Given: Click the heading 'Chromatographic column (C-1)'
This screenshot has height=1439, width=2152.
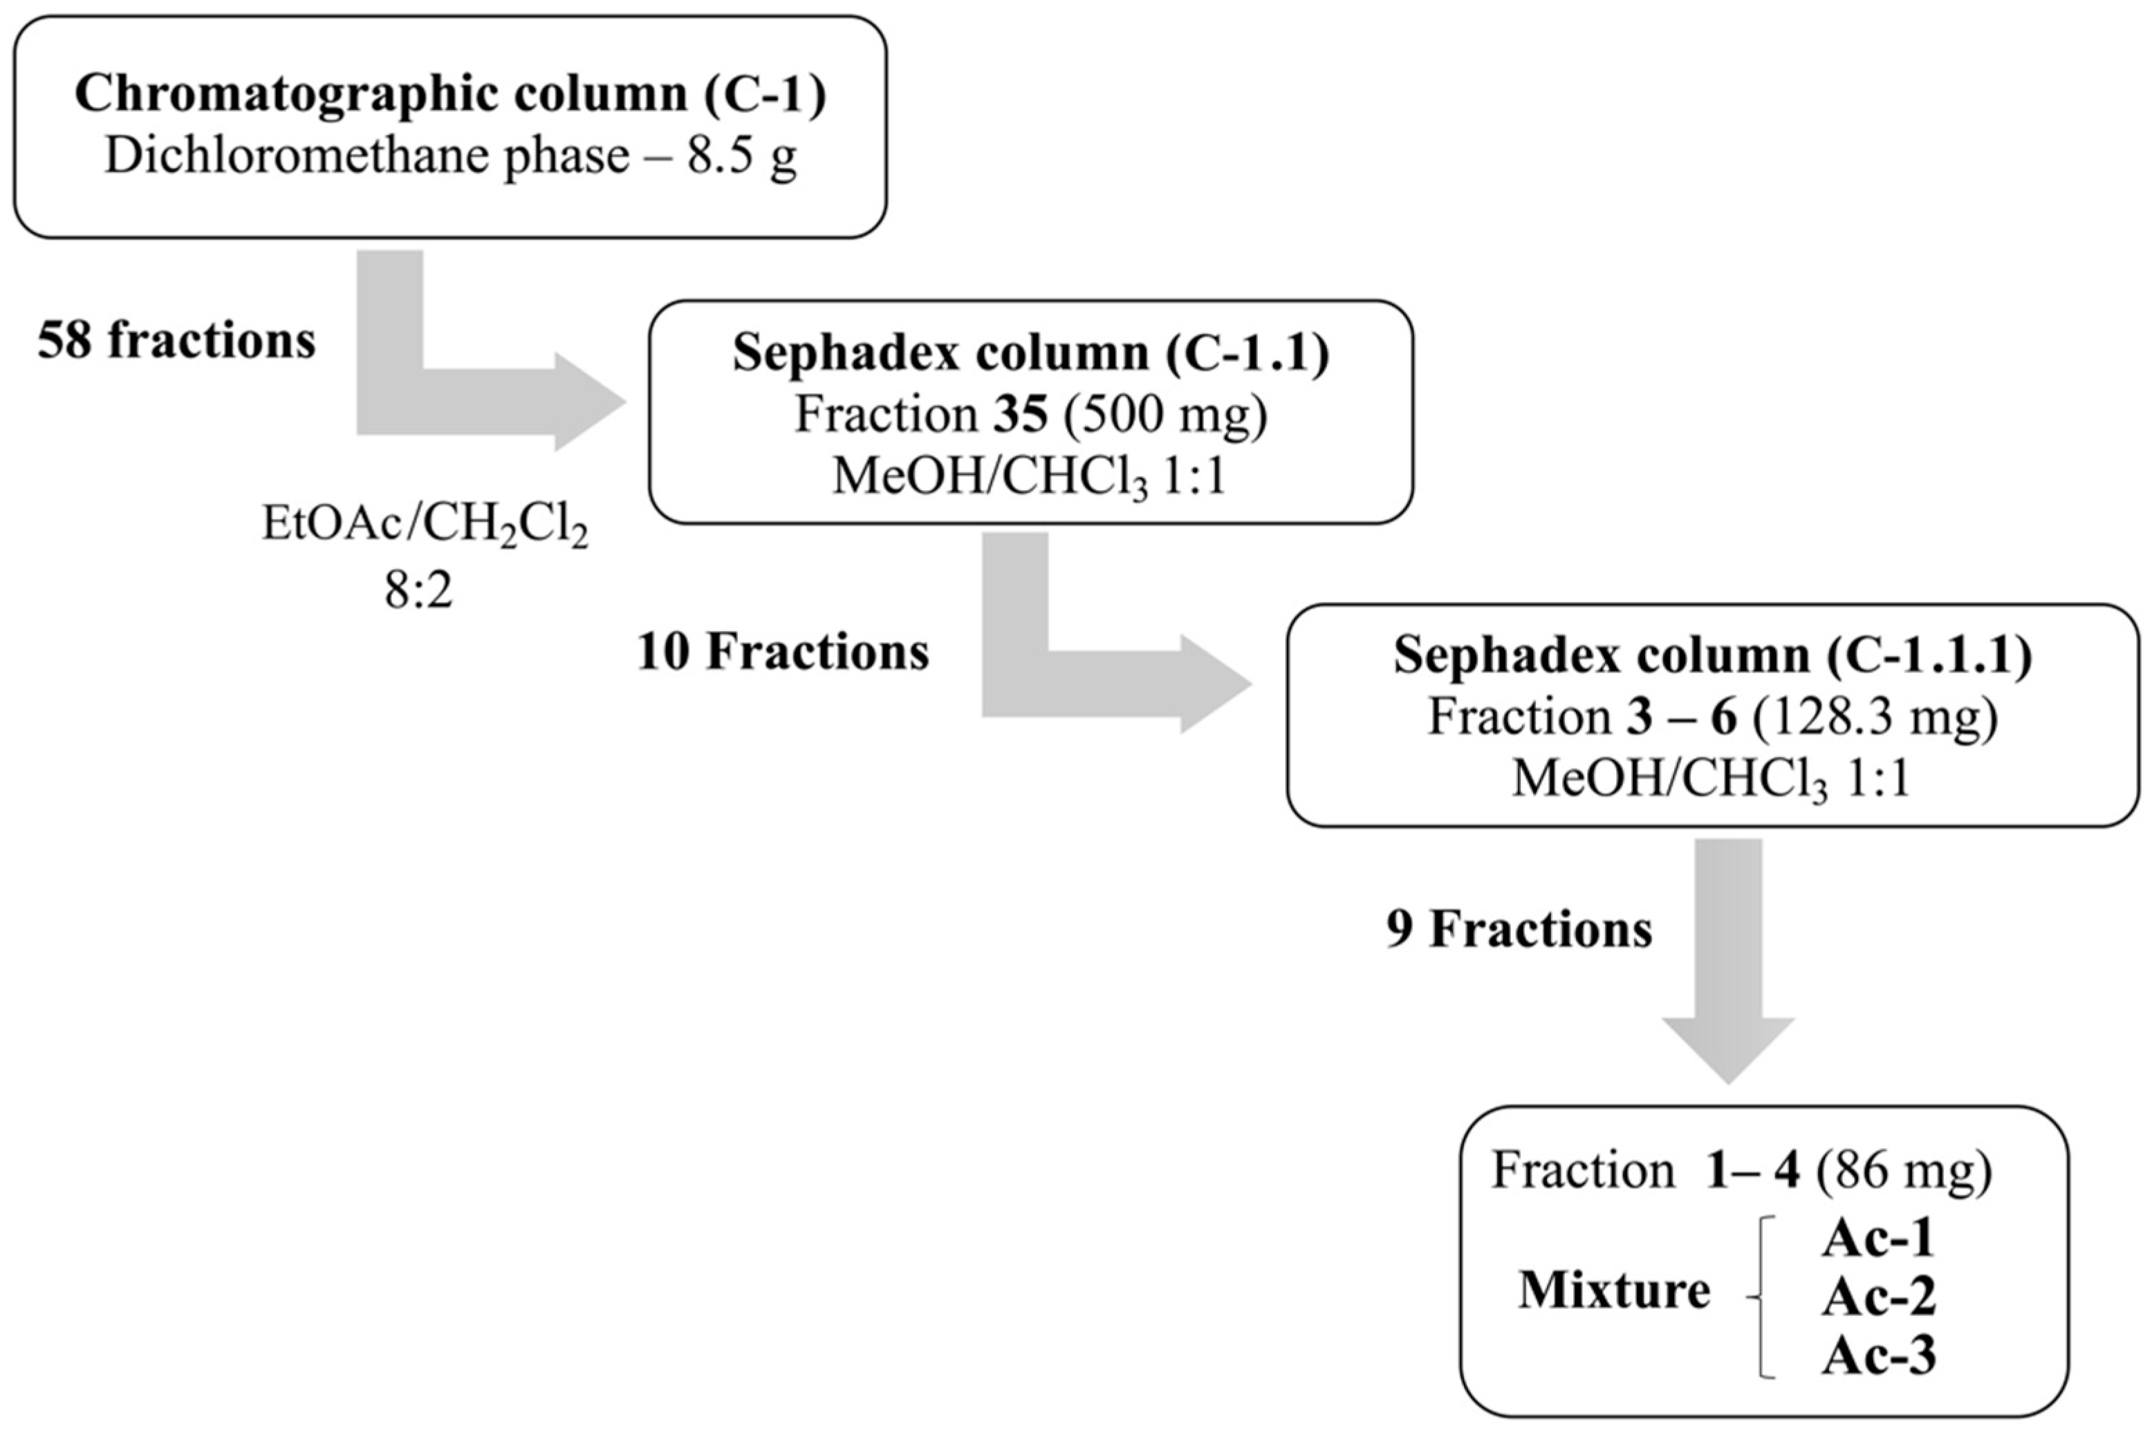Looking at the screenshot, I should tap(450, 93).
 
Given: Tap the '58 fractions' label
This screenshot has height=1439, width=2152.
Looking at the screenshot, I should tap(176, 341).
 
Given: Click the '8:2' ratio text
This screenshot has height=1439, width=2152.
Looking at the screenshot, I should tap(418, 591).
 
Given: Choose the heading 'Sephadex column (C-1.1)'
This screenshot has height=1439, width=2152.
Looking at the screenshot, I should tap(1030, 353).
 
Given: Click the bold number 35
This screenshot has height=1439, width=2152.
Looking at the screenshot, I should tap(1020, 415).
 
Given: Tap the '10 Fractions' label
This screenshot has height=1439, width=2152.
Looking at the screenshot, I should tap(783, 652).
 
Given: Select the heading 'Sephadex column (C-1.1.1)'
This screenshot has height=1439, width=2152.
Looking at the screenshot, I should tap(1712, 655).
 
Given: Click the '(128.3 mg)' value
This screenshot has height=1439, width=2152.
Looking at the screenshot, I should tap(1875, 717).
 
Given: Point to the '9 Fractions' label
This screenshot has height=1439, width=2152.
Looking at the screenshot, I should tap(1519, 930).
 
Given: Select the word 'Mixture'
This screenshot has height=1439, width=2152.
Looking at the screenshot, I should tap(1614, 1290).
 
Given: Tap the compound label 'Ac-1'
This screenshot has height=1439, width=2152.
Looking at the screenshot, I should tap(1878, 1239).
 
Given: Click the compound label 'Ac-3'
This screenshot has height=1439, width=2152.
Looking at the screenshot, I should tap(1878, 1355).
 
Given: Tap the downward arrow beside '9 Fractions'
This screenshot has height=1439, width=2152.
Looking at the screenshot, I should tap(1728, 963).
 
